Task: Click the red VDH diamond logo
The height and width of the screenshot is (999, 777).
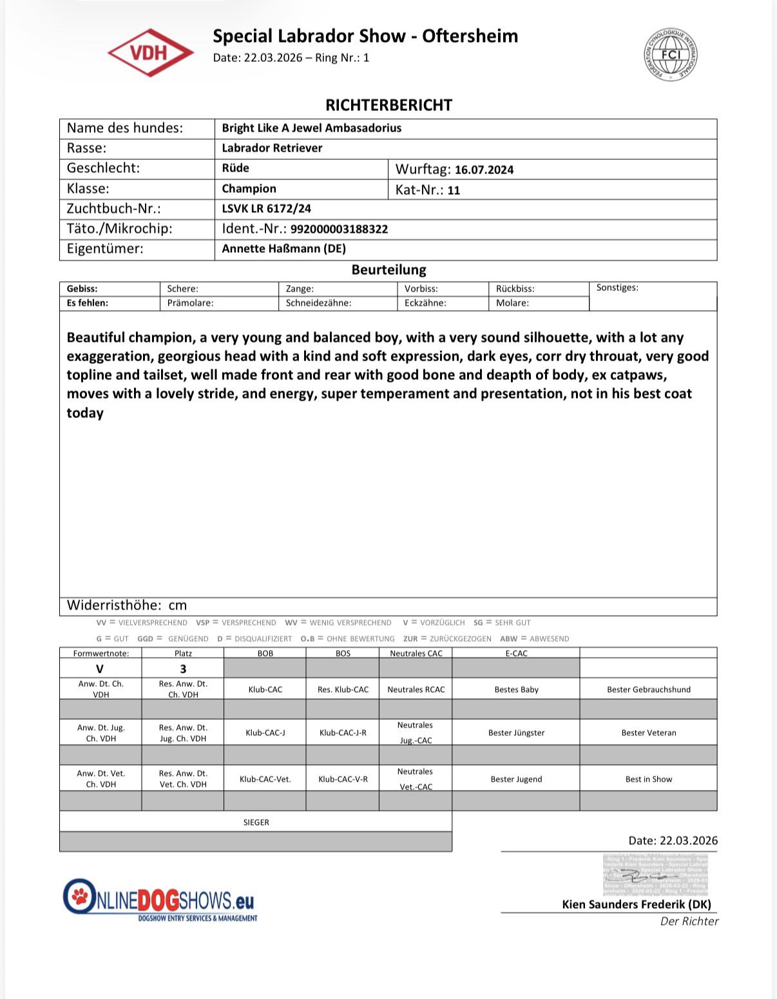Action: coord(150,53)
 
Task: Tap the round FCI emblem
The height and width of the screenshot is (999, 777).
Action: coord(670,55)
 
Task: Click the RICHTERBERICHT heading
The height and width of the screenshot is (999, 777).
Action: coord(388,105)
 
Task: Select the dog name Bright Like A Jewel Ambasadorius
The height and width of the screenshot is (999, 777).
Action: coord(311,128)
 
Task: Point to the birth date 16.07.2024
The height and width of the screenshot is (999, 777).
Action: coord(484,170)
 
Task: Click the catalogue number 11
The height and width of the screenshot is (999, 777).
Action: coord(454,190)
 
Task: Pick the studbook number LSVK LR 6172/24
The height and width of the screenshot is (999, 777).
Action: coord(266,208)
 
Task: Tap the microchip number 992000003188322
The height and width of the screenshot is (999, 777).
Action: coord(339,229)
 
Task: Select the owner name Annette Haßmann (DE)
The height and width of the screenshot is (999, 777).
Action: coord(283,248)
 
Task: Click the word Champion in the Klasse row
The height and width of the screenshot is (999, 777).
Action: coord(249,188)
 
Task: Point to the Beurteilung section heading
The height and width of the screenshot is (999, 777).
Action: coord(388,270)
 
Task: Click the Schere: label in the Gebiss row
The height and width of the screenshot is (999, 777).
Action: coord(182,289)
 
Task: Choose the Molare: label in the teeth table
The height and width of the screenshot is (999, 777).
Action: coord(512,302)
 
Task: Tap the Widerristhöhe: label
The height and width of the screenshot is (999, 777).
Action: coord(114,605)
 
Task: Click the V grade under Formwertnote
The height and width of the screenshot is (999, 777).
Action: coord(100,669)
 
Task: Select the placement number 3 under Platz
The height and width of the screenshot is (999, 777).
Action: coord(183,669)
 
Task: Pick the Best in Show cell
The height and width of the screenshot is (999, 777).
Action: coord(648,779)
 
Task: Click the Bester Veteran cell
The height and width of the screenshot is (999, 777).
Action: coord(648,733)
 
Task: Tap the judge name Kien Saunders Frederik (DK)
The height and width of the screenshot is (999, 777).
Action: coord(636,904)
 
